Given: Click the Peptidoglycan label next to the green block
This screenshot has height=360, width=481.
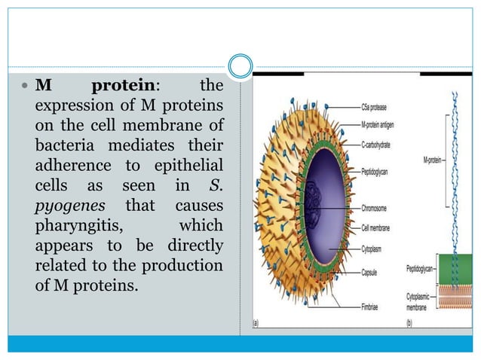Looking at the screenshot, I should pyautogui.click(x=421, y=267).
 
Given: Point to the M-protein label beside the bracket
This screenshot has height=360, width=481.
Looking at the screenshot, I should pyautogui.click(x=434, y=160).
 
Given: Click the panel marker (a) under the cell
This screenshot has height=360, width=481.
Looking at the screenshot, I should pyautogui.click(x=257, y=324).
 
